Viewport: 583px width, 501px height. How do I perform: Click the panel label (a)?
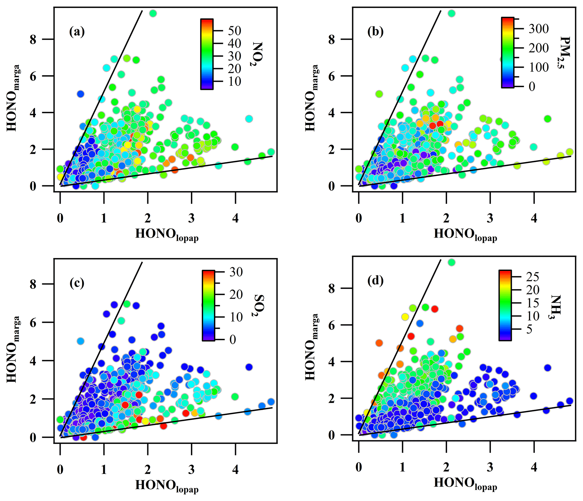pos(77,32)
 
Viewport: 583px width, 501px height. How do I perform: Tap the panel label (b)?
pos(375,32)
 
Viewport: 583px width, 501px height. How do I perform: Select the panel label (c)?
pos(77,283)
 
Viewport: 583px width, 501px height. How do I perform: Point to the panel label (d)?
pos(375,281)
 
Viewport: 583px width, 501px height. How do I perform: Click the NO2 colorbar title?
pos(257,54)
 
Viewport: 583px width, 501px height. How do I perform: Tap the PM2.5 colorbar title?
pos(564,53)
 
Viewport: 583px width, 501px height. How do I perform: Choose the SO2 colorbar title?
pos(258,305)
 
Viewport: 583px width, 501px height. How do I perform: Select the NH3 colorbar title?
pos(556,307)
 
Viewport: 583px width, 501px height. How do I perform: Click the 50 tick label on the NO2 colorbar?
pos(235,31)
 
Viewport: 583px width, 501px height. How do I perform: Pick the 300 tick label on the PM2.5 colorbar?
pos(538,28)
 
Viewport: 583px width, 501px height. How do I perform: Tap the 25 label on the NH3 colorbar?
pos(533,277)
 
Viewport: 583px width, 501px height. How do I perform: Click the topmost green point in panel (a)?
pos(153,13)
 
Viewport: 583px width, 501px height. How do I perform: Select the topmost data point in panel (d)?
pos(452,262)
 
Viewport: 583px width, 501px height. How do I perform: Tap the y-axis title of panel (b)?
pos(312,98)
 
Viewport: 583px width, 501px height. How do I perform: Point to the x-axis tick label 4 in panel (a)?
pos(235,218)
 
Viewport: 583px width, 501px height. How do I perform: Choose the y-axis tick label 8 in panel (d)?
pos(332,288)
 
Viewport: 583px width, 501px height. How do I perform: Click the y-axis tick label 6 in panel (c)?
pos(33,323)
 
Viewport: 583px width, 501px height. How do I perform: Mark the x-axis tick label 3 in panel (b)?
pos(490,218)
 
